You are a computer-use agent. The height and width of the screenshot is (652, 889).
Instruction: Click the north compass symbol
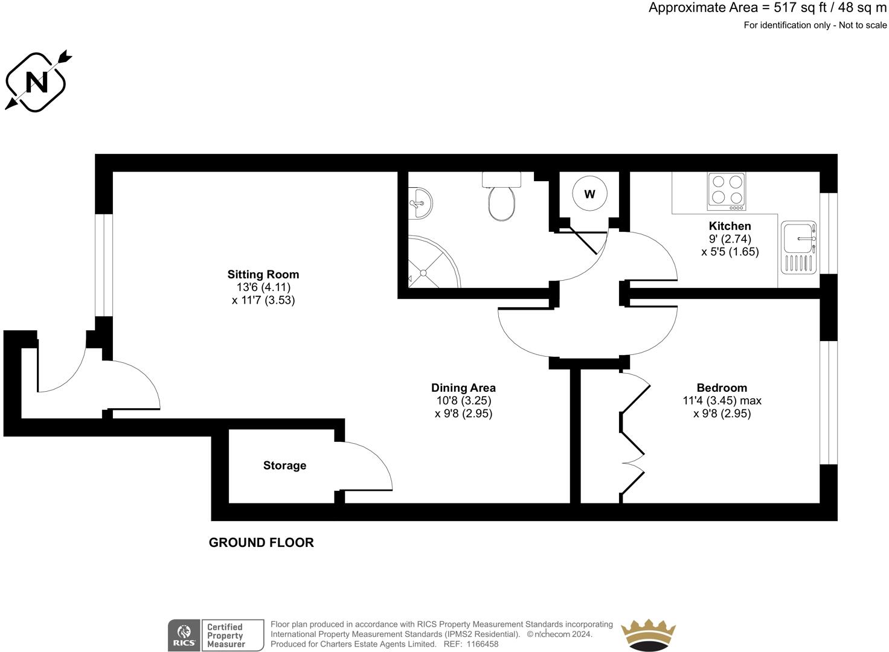pos(36,81)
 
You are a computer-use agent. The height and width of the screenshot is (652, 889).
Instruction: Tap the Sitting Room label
pos(263,274)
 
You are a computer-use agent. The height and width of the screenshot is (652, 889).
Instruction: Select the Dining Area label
pos(463,388)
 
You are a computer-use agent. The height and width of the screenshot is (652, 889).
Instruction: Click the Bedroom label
pos(722,388)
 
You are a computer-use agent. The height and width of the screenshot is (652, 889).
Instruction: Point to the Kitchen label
pos(730,226)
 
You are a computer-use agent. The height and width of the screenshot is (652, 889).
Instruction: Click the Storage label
pos(284,465)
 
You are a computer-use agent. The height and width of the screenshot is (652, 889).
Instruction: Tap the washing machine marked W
pos(589,194)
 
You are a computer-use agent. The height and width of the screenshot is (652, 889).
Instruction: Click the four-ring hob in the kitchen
pos(727,191)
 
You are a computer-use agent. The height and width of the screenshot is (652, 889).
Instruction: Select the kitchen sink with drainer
pos(799,248)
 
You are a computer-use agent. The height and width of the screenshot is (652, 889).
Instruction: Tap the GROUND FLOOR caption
pos(261,542)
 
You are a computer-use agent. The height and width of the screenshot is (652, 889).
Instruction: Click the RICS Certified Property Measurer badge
pos(216,635)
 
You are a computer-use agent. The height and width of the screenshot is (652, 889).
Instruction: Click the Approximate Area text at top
pos(767,8)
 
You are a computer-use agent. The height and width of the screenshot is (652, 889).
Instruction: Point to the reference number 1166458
pos(480,644)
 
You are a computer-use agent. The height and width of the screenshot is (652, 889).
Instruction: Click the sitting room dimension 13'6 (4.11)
pos(263,287)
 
